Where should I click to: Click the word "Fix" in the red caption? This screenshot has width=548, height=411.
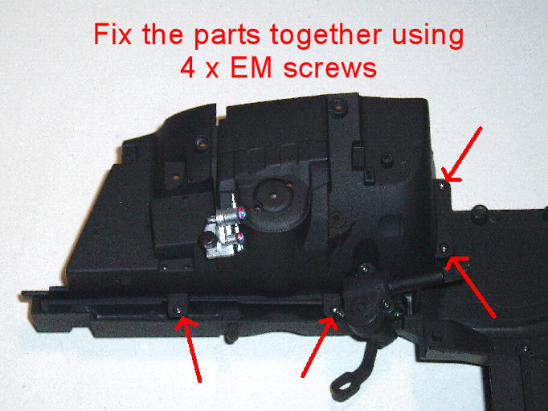(x=112, y=35)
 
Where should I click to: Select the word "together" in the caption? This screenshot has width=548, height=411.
(x=325, y=36)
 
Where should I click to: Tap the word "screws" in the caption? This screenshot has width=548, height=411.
(x=330, y=69)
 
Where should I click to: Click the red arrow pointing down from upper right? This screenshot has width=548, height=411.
(x=461, y=154)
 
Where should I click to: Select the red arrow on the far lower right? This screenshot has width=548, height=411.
(x=471, y=287)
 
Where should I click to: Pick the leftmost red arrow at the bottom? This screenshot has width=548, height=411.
(x=188, y=350)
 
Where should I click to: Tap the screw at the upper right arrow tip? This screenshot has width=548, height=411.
(x=441, y=186)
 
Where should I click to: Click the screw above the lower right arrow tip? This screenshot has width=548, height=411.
(x=444, y=249)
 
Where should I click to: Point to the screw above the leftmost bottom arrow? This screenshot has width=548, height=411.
(x=178, y=310)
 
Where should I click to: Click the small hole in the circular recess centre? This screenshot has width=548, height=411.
(x=275, y=196)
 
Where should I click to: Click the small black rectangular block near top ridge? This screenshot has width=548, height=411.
(x=358, y=153)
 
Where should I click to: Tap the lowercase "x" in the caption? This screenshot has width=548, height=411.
(x=212, y=70)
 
